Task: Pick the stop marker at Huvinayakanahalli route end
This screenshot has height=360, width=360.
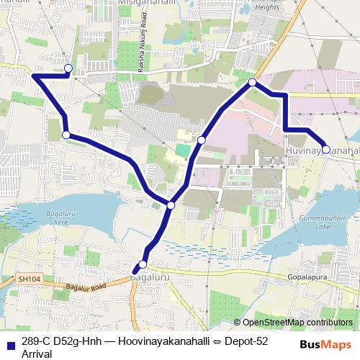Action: coord(326,149)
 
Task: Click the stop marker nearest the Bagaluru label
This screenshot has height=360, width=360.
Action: coord(142,265)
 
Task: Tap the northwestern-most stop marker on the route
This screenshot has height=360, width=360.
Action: coord(68,68)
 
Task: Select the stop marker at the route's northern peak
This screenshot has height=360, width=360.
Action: coord(253,83)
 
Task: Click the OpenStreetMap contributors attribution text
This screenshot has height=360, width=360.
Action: coord(297,323)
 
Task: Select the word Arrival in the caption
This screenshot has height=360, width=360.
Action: coord(37,354)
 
